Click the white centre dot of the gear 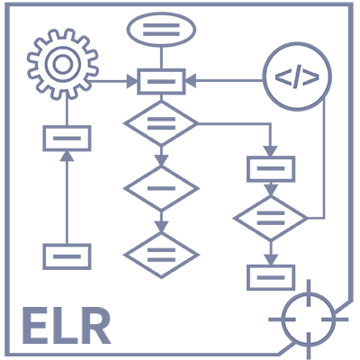coord(62,64)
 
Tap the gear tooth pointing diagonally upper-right coord(83,42)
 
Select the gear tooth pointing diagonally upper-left coord(41,43)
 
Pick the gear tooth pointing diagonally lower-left coord(41,85)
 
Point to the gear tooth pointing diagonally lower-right coord(83,85)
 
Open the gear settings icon coord(62,64)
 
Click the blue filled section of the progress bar coord(67,325)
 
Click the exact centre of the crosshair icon coord(309,319)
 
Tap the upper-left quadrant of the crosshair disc coord(298,309)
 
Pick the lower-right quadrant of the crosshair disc coord(319,330)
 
